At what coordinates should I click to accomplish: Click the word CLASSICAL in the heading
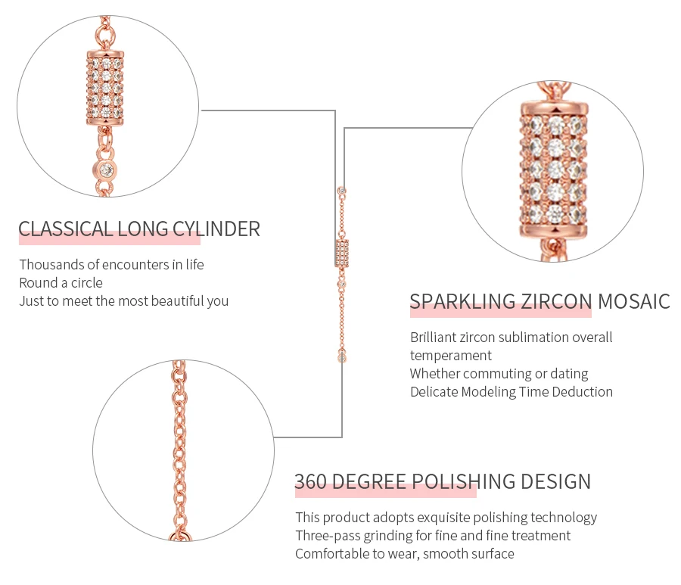click(65, 229)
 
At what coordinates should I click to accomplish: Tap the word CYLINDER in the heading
click(216, 229)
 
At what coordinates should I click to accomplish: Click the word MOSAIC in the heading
click(634, 301)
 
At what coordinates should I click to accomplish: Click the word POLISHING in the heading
click(463, 481)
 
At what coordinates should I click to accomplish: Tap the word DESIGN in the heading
click(556, 481)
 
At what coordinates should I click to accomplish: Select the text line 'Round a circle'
click(61, 283)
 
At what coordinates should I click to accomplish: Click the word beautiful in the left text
click(178, 301)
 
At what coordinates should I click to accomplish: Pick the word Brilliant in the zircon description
click(434, 337)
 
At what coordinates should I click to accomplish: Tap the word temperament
click(451, 356)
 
